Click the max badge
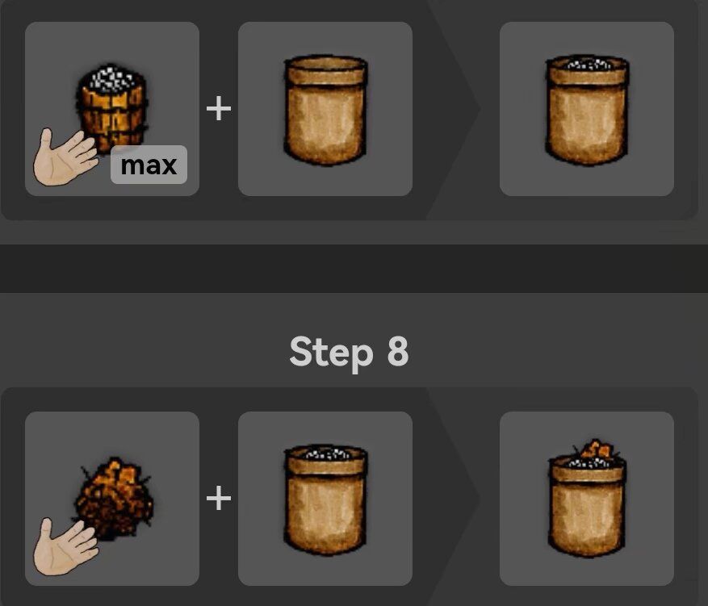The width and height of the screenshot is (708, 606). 149,165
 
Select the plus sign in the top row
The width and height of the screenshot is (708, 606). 219,109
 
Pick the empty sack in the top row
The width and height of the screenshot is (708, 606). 325,110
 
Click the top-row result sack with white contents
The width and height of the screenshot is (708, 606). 587,110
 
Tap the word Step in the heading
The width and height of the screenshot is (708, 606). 331,353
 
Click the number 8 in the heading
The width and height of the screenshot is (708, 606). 398,350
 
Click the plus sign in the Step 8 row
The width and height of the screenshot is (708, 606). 219,499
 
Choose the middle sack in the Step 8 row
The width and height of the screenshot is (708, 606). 325,500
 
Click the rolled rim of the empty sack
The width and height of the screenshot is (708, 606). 325,70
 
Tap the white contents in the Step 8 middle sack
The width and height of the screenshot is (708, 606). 326,453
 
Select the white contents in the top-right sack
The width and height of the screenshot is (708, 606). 588,64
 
